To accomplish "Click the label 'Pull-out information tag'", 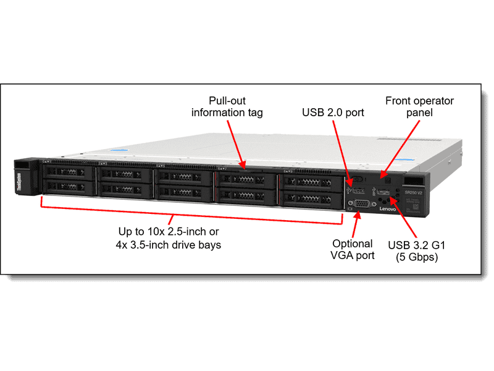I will click(x=227, y=106).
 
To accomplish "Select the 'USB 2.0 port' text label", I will click(x=333, y=113).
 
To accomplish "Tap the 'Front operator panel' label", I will click(x=419, y=106).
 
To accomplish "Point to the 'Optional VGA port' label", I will click(x=353, y=249).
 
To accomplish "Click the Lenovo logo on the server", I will click(x=388, y=211).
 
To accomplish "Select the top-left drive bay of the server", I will click(x=67, y=171).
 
